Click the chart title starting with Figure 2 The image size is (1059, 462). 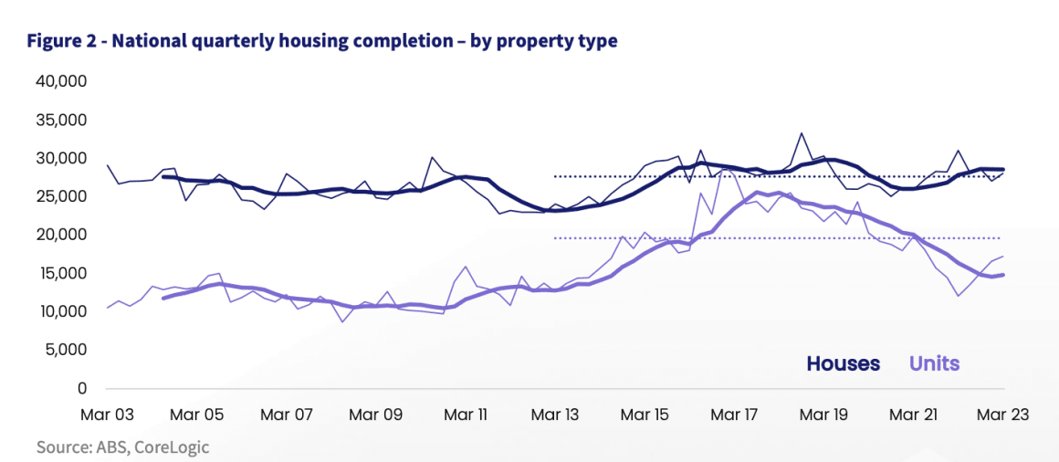322,41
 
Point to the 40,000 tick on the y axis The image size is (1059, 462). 60,81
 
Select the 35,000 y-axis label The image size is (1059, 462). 60,120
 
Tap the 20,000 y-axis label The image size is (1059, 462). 60,235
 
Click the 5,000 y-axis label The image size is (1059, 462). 64,350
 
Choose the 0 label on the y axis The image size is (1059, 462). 81,388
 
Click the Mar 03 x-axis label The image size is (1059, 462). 107,415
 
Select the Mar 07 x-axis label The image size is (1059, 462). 288,415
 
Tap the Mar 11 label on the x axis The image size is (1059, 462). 465,415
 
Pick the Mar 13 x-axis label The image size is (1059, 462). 555,415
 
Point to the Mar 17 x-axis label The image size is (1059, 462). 734,415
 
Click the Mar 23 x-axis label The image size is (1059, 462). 1003,415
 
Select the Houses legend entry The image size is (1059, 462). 843,363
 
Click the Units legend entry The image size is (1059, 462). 934,363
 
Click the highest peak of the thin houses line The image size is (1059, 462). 801,133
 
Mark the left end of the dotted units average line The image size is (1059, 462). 555,238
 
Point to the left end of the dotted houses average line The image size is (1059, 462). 555,176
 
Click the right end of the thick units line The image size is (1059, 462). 1003,275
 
